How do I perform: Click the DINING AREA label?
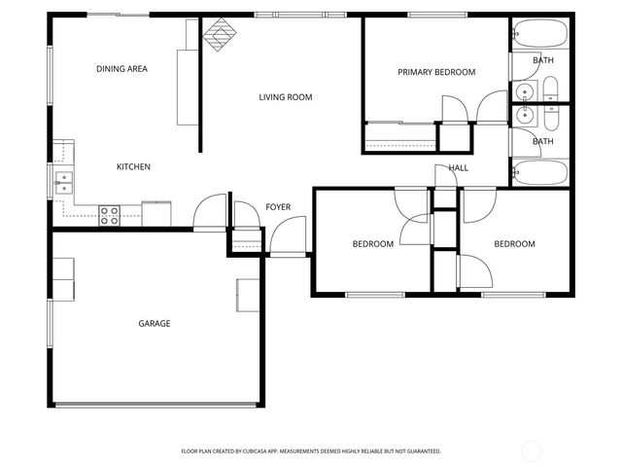pyautogui.click(x=121, y=69)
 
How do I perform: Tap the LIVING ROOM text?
pyautogui.click(x=285, y=96)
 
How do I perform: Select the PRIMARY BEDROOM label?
pyautogui.click(x=436, y=72)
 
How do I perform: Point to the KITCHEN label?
pyautogui.click(x=133, y=167)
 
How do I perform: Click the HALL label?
pyautogui.click(x=459, y=168)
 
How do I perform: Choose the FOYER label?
pyautogui.click(x=278, y=207)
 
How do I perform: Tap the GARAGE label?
pyautogui.click(x=155, y=324)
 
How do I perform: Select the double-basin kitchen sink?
pyautogui.click(x=61, y=178)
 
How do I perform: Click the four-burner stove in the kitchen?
pyautogui.click(x=109, y=215)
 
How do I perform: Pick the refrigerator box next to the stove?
pyautogui.click(x=156, y=213)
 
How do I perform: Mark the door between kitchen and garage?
pyautogui.click(x=209, y=214)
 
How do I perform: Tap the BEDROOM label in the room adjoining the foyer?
pyautogui.click(x=373, y=244)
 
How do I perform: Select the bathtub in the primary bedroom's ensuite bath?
pyautogui.click(x=540, y=35)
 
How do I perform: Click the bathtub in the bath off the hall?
pyautogui.click(x=540, y=174)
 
